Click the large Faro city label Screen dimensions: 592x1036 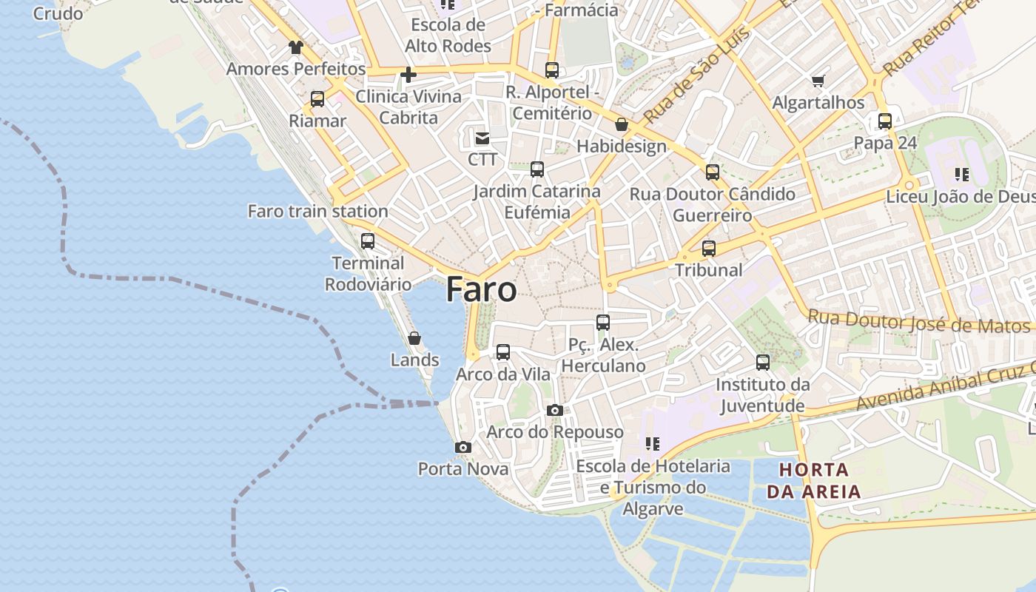pos(481,289)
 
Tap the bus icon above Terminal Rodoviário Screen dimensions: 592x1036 pos(368,240)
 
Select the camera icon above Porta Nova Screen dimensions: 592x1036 pos(463,447)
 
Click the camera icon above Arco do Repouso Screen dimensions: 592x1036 pos(554,410)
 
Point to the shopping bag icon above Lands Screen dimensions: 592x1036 pos(414,338)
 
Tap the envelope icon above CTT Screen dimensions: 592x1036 pos(482,138)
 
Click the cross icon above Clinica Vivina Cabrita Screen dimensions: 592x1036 pos(408,75)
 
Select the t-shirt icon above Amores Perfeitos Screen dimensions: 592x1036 pos(296,47)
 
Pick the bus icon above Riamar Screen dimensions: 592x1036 pos(317,99)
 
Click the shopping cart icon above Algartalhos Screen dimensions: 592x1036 pos(818,81)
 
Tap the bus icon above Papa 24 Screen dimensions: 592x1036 pos(885,121)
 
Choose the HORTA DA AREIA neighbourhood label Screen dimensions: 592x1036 pos(814,480)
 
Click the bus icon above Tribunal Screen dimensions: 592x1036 pos(709,249)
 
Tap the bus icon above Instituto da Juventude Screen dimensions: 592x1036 pos(763,363)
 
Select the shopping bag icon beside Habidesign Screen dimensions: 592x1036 pos(622,124)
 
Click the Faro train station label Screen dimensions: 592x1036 pos(317,211)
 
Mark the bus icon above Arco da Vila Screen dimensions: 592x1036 pos(503,352)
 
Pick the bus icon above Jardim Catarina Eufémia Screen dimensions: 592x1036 pos(537,169)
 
